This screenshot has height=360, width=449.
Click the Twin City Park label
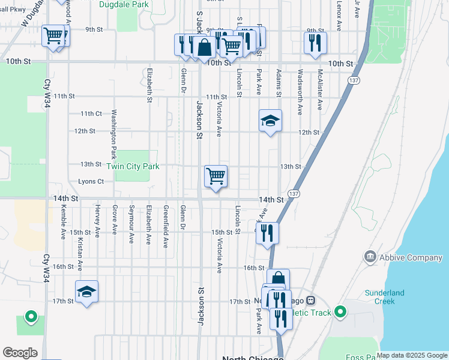(x=133, y=166)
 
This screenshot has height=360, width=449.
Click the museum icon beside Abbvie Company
(x=370, y=257)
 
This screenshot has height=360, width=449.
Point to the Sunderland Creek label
(x=385, y=297)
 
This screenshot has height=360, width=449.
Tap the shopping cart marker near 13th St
(x=215, y=176)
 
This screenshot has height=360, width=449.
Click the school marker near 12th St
(x=270, y=121)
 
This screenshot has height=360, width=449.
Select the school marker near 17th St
(x=87, y=292)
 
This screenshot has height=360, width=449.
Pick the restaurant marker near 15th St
(x=268, y=233)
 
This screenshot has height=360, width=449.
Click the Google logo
(x=20, y=353)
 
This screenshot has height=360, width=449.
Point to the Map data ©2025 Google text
(x=411, y=355)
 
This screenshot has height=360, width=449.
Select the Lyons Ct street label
(x=91, y=181)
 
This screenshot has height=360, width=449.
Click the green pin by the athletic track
(x=340, y=311)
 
